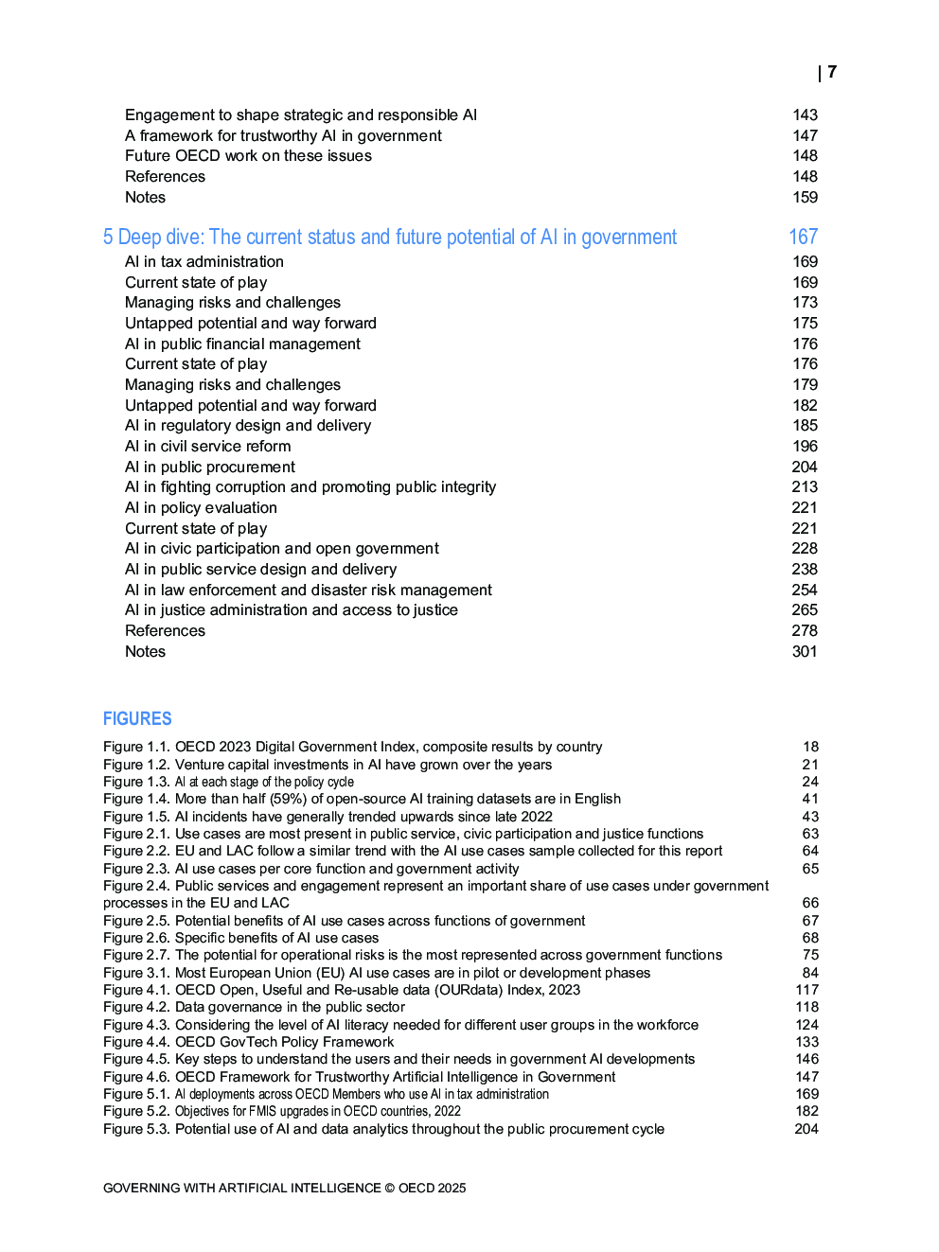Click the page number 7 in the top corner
[x=831, y=72]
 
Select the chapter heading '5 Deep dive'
[x=389, y=238]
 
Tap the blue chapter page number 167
[x=803, y=238]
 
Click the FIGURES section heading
[x=137, y=719]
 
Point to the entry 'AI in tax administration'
[x=204, y=262]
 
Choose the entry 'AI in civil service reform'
[x=207, y=447]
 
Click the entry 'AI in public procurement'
[x=209, y=467]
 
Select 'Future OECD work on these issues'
[x=248, y=156]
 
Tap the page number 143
[x=805, y=115]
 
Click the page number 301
[x=805, y=652]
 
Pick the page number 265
[x=805, y=610]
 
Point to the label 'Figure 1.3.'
[x=136, y=782]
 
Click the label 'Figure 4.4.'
[x=136, y=1042]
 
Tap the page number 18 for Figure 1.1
[x=810, y=747]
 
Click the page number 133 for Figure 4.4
[x=806, y=1042]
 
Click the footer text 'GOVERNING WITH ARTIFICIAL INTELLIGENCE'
[x=241, y=1189]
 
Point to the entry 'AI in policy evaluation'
[x=201, y=508]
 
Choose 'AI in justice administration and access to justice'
[x=291, y=610]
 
